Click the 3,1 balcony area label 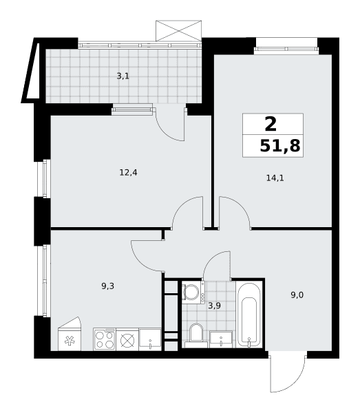tap(123, 76)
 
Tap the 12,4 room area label tap(129, 173)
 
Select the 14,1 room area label tap(275, 178)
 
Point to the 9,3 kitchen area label tap(107, 286)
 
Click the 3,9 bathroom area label tap(214, 306)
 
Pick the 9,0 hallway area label tap(297, 295)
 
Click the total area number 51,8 tap(280, 146)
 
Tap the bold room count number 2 tap(271, 124)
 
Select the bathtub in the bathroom tap(249, 315)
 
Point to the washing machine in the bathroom tap(193, 293)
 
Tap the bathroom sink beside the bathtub tap(221, 339)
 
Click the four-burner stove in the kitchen tap(105, 339)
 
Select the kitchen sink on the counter tap(150, 339)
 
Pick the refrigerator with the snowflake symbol tap(70, 335)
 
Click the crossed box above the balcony tap(179, 31)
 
